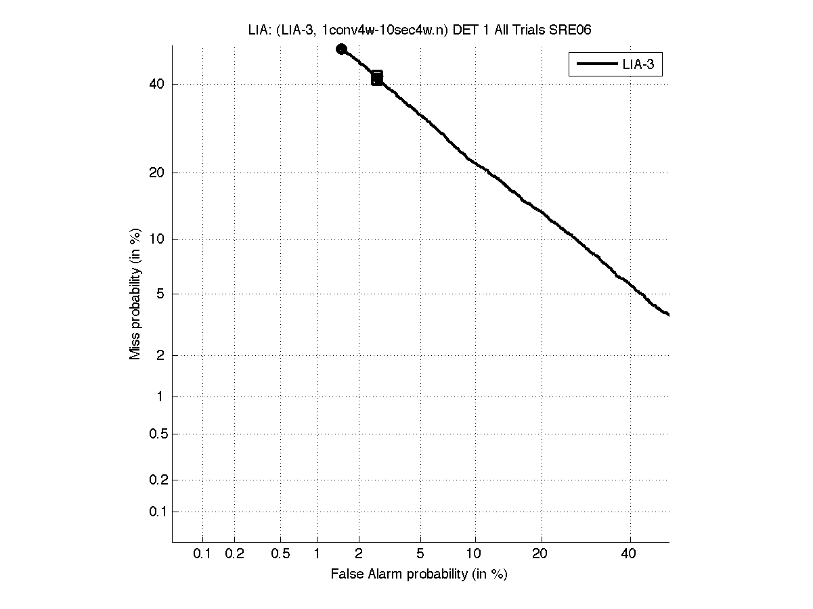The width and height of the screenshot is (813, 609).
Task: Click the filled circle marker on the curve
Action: (x=342, y=49)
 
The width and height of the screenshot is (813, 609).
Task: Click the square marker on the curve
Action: (x=377, y=77)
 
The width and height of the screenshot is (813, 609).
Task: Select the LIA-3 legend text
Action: (x=638, y=65)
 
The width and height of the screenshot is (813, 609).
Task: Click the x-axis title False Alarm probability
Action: (x=418, y=574)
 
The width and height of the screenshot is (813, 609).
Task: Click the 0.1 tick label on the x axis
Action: (x=202, y=554)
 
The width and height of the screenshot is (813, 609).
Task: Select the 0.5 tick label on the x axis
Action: (x=280, y=554)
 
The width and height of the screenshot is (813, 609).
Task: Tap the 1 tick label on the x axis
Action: (x=317, y=554)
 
